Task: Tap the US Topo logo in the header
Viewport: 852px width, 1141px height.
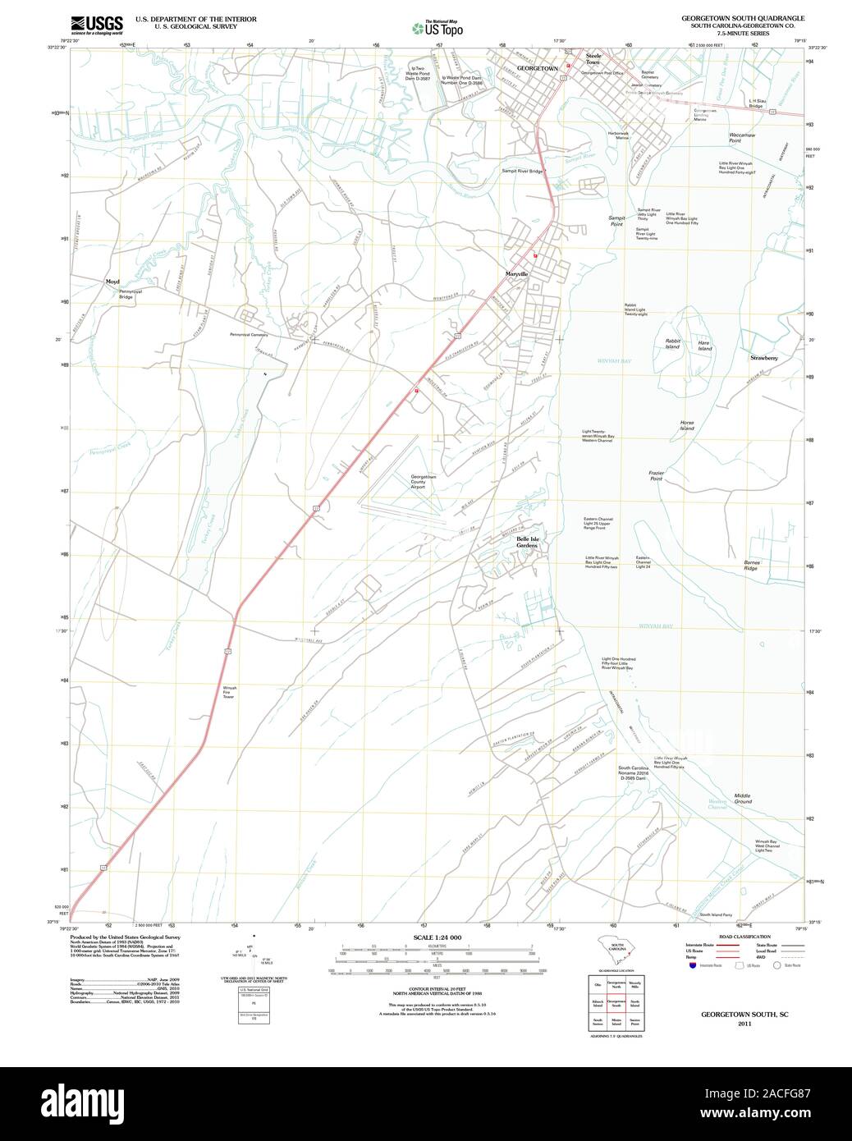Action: point(437,27)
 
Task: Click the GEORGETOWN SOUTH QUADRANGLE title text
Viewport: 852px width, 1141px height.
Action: point(742,17)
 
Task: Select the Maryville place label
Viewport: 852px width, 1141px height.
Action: point(516,273)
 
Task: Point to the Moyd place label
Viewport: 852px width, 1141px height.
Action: point(112,282)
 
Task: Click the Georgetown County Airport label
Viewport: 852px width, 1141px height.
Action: point(424,481)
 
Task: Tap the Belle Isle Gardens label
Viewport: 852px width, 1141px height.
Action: point(527,542)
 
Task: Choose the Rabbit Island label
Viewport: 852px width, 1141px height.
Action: point(673,344)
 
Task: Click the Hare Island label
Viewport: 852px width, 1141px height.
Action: point(704,346)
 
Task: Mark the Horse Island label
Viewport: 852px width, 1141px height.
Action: point(686,425)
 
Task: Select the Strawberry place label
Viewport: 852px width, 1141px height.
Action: point(763,358)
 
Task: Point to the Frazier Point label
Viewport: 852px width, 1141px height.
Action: point(656,475)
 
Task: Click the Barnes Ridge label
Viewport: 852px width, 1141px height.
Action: point(752,565)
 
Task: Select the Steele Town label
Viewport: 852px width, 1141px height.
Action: point(593,59)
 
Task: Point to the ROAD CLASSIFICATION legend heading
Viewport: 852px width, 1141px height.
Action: point(744,937)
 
